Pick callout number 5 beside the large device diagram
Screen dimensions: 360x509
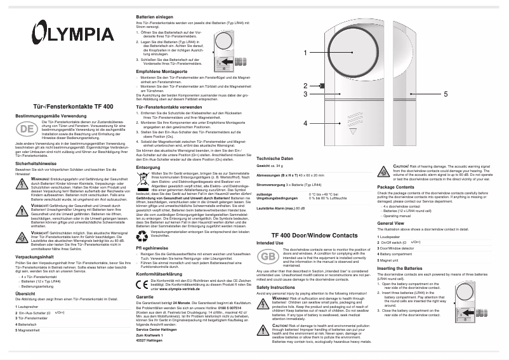click(x=445, y=93)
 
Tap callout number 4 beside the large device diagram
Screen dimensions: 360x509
click(x=305, y=123)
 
